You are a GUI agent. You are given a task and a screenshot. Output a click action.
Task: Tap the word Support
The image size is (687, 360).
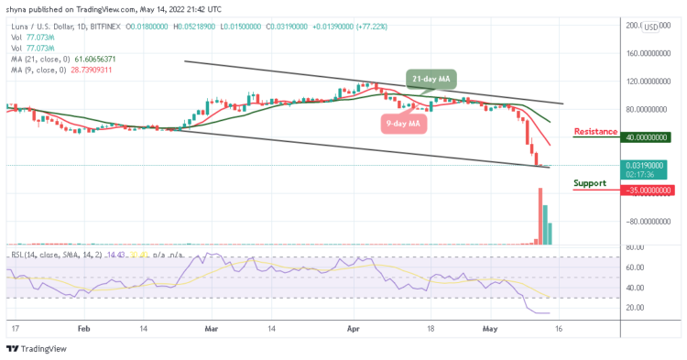(x=589, y=182)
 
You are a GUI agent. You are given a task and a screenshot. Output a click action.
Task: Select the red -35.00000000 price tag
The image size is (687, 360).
(x=647, y=191)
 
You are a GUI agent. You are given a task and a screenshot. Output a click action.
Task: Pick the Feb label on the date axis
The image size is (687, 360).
(x=83, y=327)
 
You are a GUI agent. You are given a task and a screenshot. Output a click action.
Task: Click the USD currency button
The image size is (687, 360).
(x=651, y=27)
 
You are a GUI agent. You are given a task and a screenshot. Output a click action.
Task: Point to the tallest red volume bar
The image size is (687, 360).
(x=540, y=216)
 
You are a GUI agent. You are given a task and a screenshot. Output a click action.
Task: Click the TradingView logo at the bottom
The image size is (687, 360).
(x=37, y=349)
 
